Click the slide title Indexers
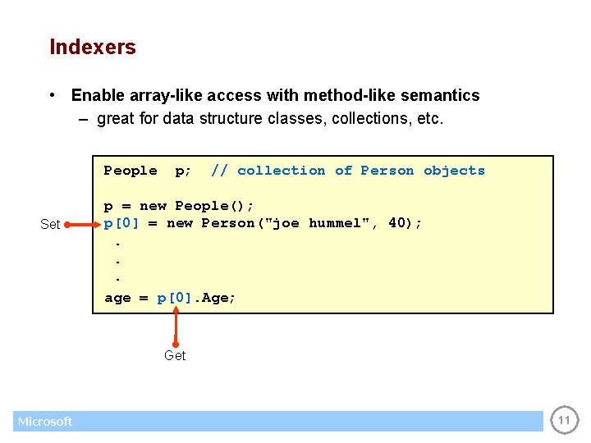click(x=93, y=48)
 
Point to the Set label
click(x=50, y=224)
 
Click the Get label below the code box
click(x=175, y=355)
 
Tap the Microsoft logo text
click(x=45, y=422)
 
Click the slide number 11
click(x=564, y=421)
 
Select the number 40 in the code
click(x=397, y=223)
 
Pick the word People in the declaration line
click(x=131, y=171)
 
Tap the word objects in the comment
click(x=454, y=171)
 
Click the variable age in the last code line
click(x=117, y=298)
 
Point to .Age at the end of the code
click(x=215, y=298)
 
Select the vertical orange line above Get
click(x=176, y=324)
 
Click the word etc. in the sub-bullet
click(x=430, y=119)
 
